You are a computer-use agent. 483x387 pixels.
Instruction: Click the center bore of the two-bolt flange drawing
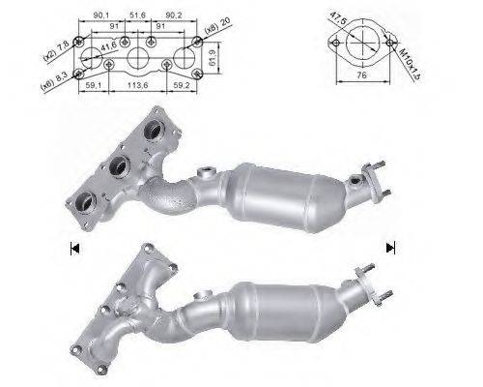coord(359,45)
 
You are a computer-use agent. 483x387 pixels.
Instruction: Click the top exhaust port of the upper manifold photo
coord(152,133)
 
